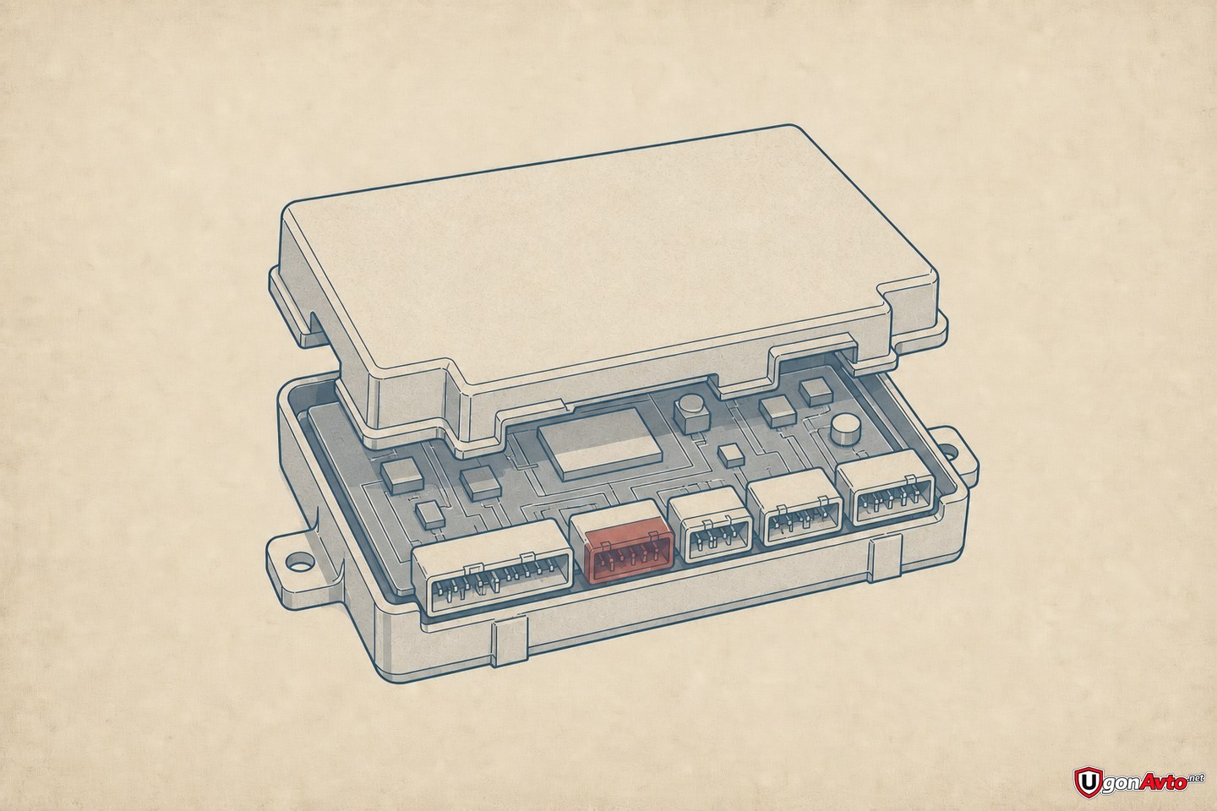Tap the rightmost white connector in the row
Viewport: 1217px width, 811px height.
[885, 493]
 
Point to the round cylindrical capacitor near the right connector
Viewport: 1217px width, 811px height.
[844, 432]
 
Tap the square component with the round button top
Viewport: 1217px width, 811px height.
[691, 414]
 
